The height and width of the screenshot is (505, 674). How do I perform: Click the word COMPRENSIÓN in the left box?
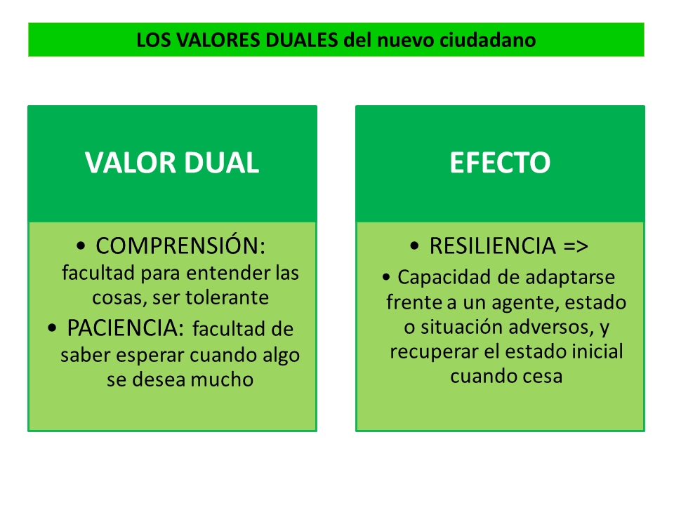180,246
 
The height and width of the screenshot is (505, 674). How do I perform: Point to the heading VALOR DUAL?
172,163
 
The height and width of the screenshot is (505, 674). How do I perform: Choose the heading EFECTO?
500,163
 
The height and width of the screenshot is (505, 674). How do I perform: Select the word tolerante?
227,297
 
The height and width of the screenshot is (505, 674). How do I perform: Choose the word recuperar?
434,351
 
